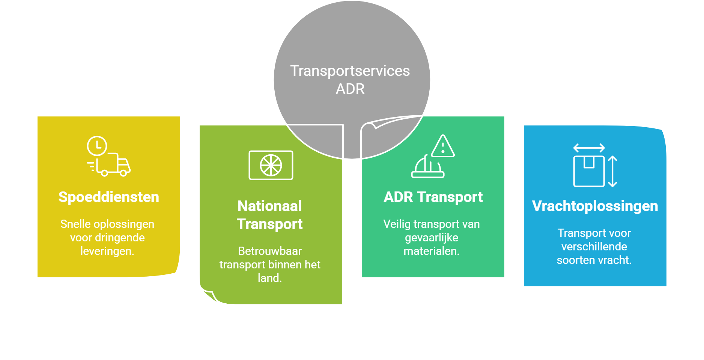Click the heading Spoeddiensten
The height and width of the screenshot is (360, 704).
[x=108, y=197]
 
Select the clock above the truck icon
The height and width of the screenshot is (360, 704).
[x=97, y=146]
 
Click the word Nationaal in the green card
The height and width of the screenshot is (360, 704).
[x=269, y=206]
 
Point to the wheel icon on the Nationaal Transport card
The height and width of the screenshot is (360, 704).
[x=271, y=165]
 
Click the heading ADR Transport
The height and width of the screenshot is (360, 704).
[x=433, y=197]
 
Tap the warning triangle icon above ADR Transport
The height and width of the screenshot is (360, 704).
[x=443, y=146]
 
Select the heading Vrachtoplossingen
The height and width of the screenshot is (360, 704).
[x=595, y=206]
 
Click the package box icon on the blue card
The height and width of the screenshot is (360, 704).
[x=588, y=171]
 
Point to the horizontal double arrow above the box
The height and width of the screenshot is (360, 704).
[x=589, y=148]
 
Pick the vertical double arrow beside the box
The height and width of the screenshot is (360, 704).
[x=612, y=171]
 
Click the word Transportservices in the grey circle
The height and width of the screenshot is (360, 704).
[x=350, y=71]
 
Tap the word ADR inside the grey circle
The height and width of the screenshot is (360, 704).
[x=350, y=89]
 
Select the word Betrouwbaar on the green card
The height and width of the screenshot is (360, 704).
[x=270, y=251]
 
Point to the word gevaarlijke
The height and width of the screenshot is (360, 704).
[x=432, y=238]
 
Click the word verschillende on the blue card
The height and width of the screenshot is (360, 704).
[x=594, y=247]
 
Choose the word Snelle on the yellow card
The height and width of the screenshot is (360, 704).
[x=75, y=224]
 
